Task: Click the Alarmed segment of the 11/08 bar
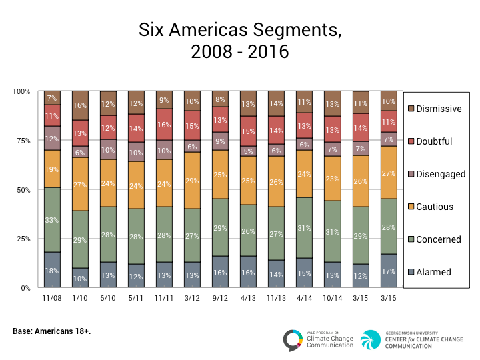[53, 270]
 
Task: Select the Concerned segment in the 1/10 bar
[80, 239]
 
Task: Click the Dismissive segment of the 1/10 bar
[80, 105]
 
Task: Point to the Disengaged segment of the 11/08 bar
[53, 138]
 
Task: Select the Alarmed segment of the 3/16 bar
[388, 271]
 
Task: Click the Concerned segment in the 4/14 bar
[305, 228]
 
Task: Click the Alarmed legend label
[435, 272]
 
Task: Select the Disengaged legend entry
[440, 174]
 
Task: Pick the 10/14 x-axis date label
[332, 299]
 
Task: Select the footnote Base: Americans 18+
[52, 331]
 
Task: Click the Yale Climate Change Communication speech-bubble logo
[293, 340]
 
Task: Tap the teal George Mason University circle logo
[371, 340]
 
